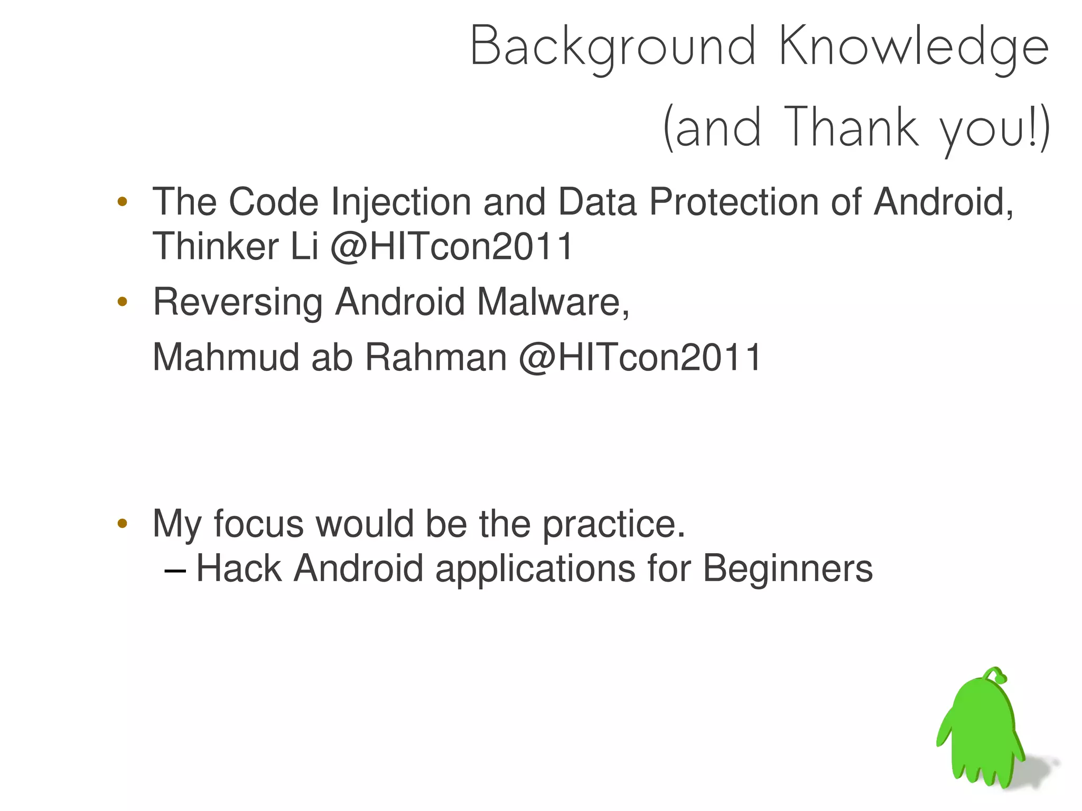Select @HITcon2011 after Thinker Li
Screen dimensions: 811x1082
(x=452, y=247)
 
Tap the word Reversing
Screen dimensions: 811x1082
(x=238, y=302)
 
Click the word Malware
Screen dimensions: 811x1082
(x=553, y=302)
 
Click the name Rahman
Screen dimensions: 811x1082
(x=436, y=358)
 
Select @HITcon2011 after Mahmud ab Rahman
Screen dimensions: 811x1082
(x=640, y=358)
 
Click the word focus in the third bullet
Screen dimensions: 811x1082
(x=258, y=524)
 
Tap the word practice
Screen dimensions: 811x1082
(x=614, y=524)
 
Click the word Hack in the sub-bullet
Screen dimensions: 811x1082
(x=239, y=569)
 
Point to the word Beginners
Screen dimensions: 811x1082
(x=787, y=569)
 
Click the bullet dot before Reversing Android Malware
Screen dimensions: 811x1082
(x=123, y=302)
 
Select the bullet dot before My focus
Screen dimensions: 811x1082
(x=123, y=524)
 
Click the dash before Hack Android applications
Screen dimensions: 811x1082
(x=175, y=571)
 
